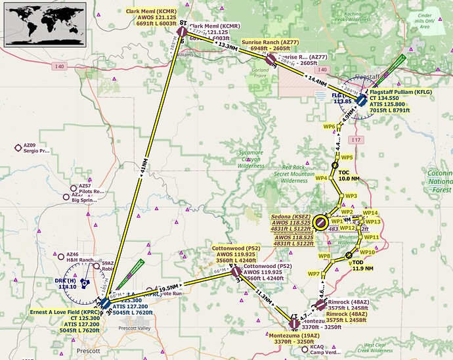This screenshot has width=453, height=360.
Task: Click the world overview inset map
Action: pos(40,22)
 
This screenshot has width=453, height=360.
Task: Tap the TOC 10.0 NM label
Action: pos(349,175)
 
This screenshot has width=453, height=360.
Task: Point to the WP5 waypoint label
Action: pos(347,158)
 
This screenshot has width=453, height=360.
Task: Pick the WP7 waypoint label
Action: pos(314,273)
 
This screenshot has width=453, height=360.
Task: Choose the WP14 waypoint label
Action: pos(370,213)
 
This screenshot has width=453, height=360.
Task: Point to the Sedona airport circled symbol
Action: pos(320,223)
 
